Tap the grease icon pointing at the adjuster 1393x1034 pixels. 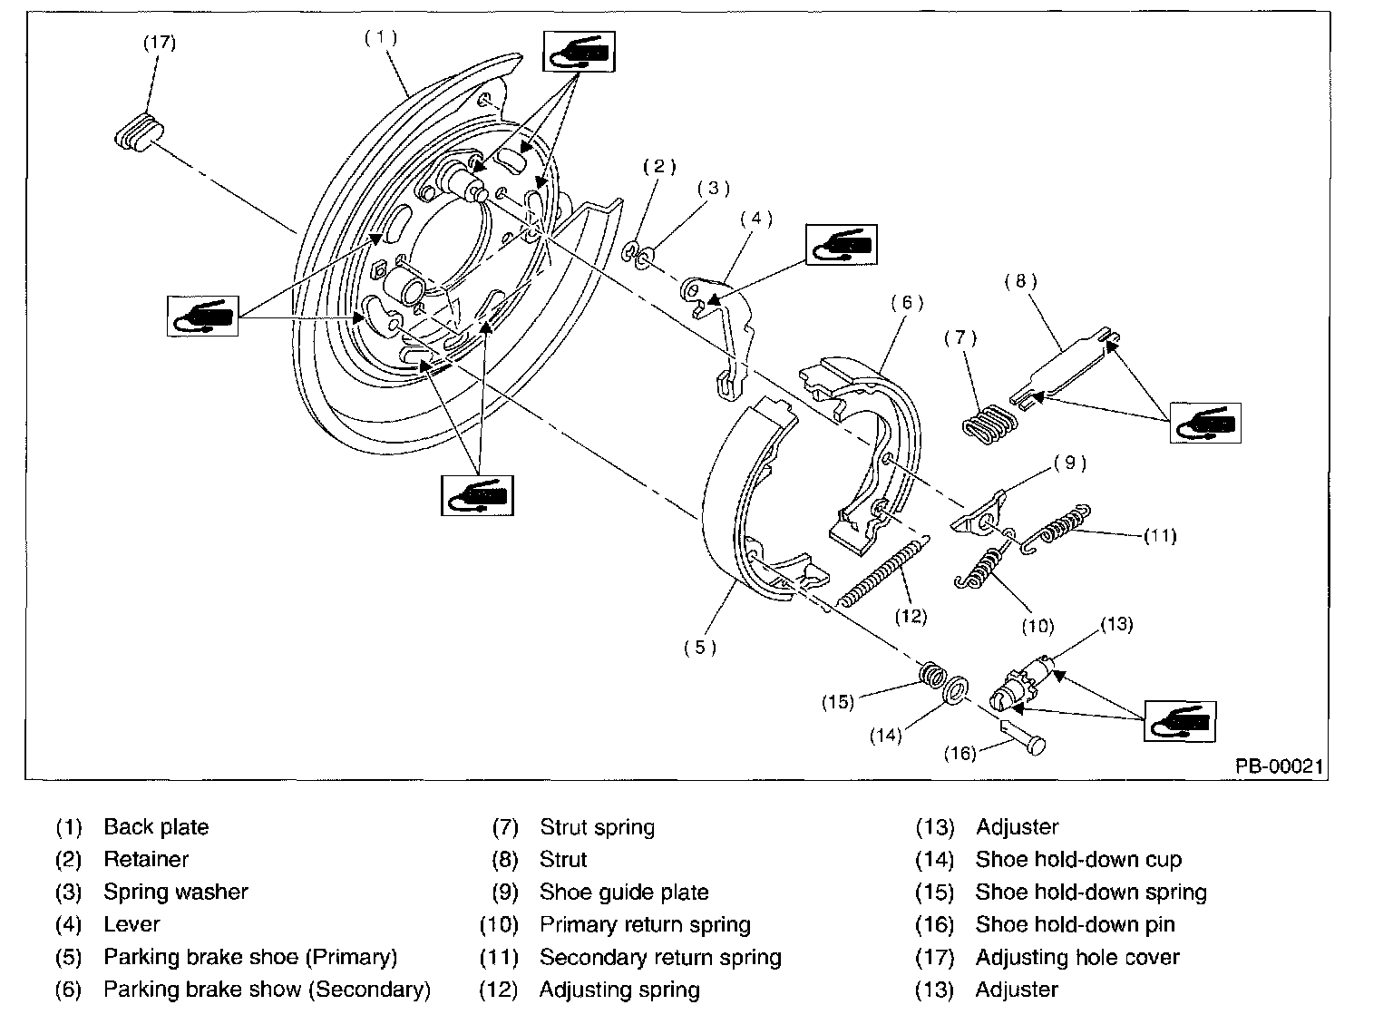[x=1180, y=721]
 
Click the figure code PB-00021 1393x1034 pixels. [x=1280, y=766]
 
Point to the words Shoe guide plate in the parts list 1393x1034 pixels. [x=624, y=893]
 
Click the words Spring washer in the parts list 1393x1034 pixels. [x=175, y=893]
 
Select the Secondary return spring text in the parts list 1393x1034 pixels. [x=660, y=958]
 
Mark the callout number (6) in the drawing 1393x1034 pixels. [x=906, y=303]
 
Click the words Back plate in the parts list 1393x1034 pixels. [x=156, y=827]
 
